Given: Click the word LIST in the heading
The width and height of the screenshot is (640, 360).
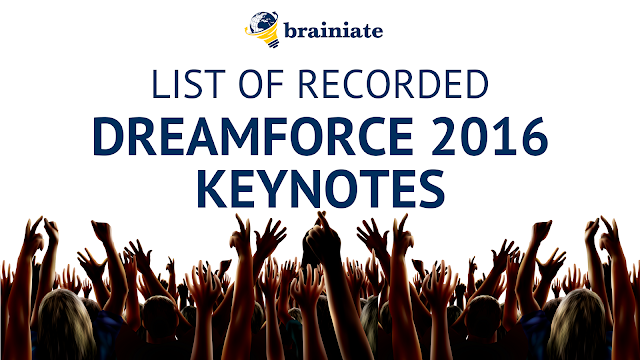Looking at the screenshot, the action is pos(188,84).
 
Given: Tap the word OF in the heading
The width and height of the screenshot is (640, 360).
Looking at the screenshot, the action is pos(261,84).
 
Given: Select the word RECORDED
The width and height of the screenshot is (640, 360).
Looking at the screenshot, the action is pos(393,84).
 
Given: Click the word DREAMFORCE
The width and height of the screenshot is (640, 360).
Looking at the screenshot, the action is pos(253,136).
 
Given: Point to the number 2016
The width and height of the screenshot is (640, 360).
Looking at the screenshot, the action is pos(489,136).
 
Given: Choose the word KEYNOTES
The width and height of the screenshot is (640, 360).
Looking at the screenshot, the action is pos(321,188).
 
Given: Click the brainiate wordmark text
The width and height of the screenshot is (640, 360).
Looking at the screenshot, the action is pos(333,30).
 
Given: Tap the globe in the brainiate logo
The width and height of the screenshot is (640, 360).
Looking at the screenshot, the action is pos(262,22).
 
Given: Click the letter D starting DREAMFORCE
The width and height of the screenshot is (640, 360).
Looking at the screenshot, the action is pos(109,136).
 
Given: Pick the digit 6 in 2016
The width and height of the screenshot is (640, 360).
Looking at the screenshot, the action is pos(533,136).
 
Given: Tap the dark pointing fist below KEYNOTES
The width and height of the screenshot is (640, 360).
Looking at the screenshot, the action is pos(322,239).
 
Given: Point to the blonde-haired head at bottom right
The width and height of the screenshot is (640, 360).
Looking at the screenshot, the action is pos(577,323).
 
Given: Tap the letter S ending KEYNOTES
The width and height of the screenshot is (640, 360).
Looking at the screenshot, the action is pos(432,189).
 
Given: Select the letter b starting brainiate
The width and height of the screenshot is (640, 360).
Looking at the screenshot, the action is pos(290,30).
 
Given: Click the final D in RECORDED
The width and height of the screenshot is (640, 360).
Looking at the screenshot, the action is pos(476,84).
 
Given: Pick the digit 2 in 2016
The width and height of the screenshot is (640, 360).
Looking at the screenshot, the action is pos(444,136).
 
